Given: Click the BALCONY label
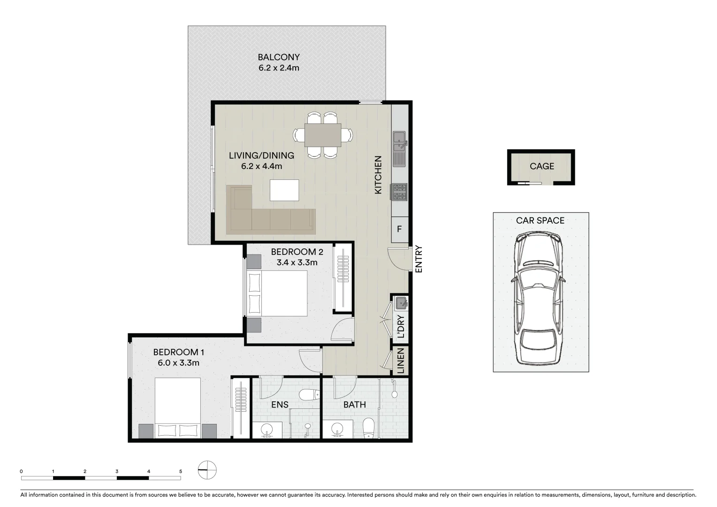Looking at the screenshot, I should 278,57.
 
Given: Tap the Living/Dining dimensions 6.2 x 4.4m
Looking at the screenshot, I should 261,166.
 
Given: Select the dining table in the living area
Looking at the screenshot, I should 323,135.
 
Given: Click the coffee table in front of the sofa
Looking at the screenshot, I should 284,190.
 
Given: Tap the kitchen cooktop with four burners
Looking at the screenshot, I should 400,191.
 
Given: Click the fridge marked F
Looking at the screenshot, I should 399,230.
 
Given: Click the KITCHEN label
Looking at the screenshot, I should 378,175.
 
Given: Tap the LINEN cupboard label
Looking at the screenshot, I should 400,361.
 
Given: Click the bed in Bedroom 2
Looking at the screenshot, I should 277,293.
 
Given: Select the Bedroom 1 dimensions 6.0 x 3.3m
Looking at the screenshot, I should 178,363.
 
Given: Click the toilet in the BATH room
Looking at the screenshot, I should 369,428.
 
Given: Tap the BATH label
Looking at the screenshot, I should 354,405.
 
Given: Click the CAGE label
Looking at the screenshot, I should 542,166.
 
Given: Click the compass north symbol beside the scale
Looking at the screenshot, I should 207,469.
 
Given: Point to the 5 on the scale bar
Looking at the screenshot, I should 181,471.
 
